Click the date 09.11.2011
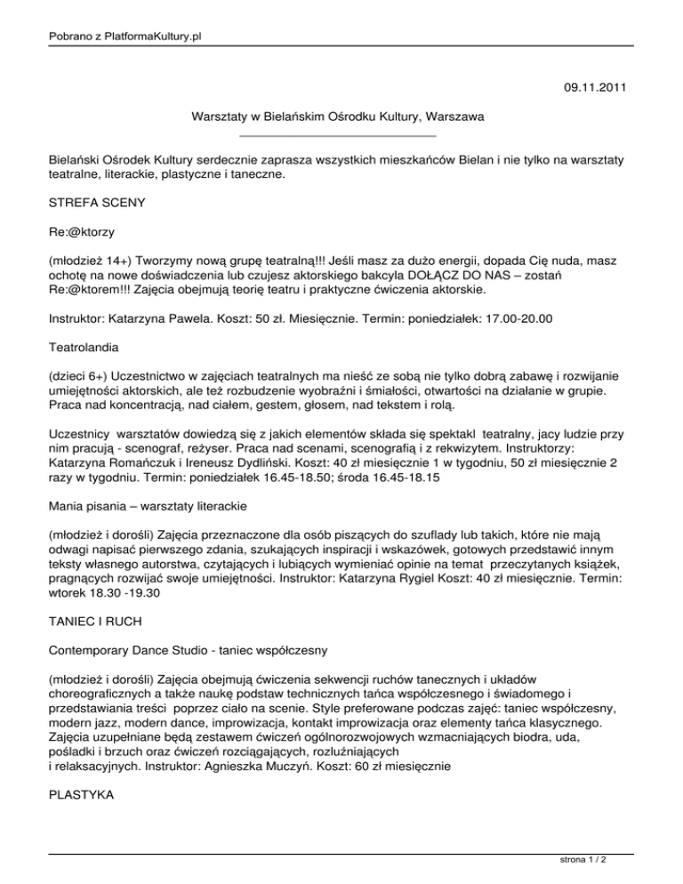click(596, 88)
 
